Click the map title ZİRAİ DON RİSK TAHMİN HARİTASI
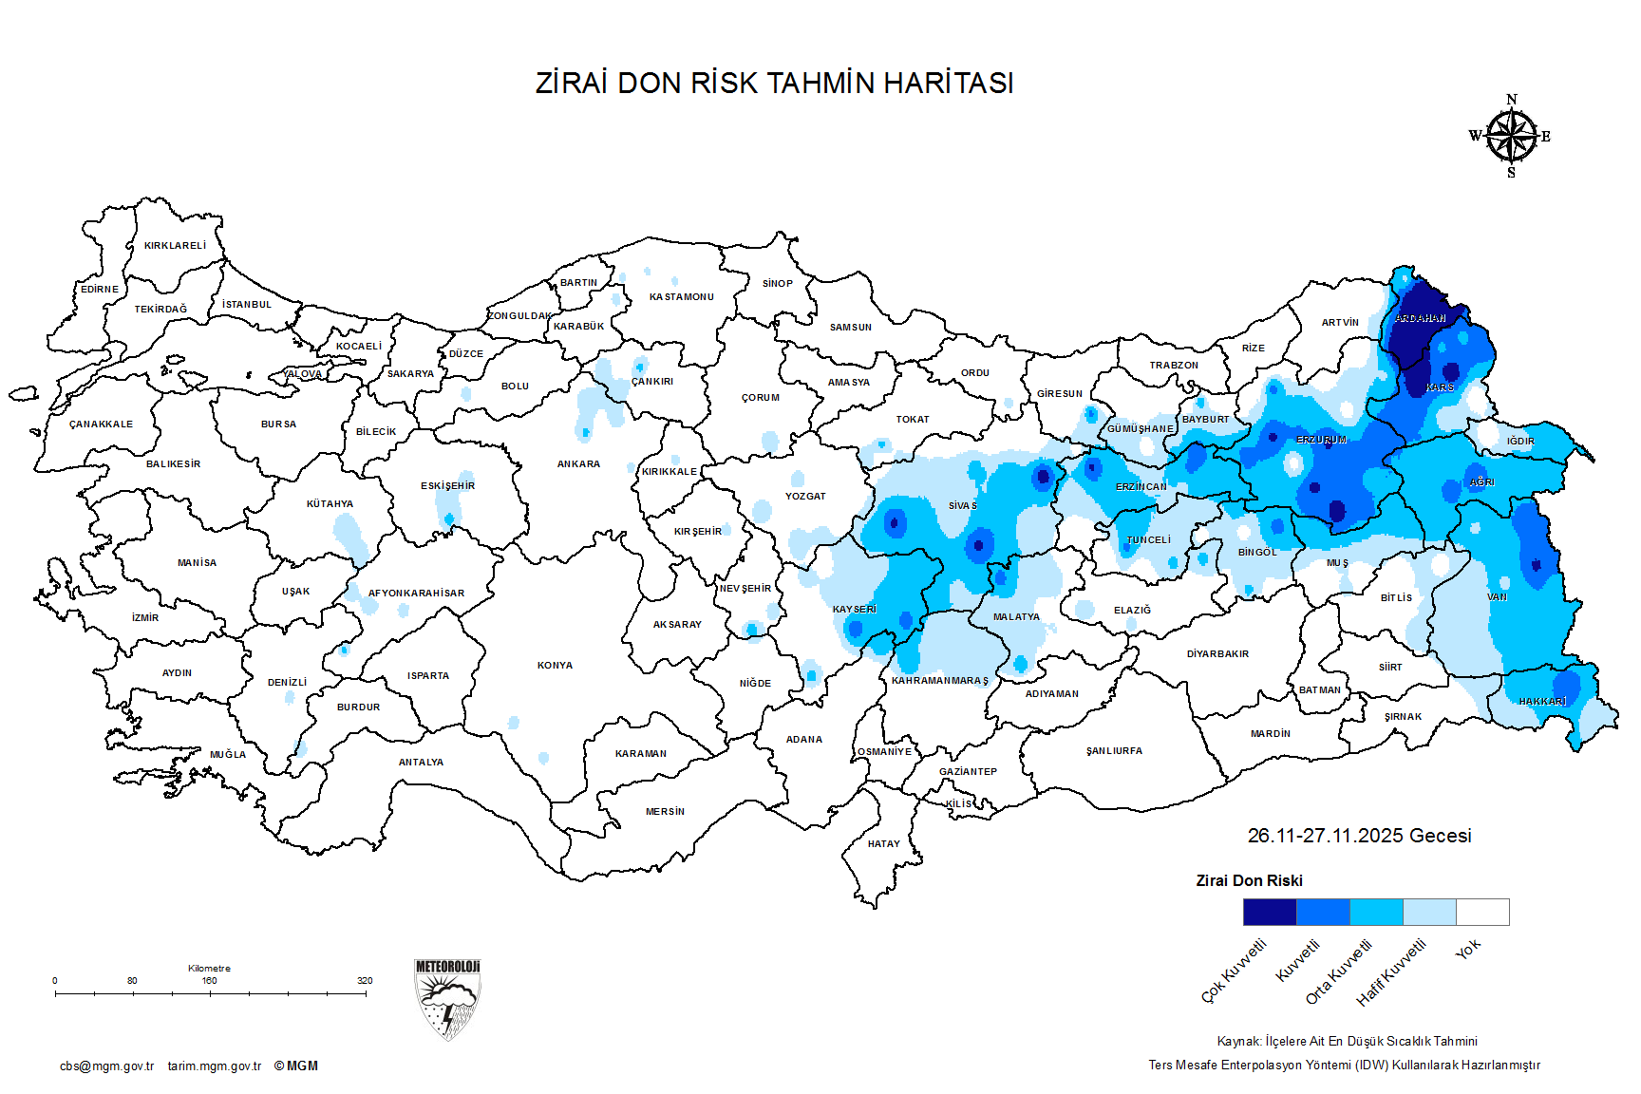point(774,84)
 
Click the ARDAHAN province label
point(1420,319)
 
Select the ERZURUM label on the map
point(1321,441)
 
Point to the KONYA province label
point(555,666)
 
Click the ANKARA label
point(578,464)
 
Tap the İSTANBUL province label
point(247,305)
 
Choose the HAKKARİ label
point(1542,702)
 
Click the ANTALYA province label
point(421,763)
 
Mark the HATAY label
point(883,844)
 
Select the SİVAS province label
point(962,506)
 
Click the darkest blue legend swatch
point(1269,912)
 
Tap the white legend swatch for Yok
point(1482,912)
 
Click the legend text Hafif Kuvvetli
point(1392,972)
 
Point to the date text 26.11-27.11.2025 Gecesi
point(1359,836)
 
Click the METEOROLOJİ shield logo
point(447,999)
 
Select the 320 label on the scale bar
point(365,981)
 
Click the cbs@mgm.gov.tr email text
point(106,1066)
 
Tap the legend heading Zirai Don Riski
point(1249,881)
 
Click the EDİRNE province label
point(100,290)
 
